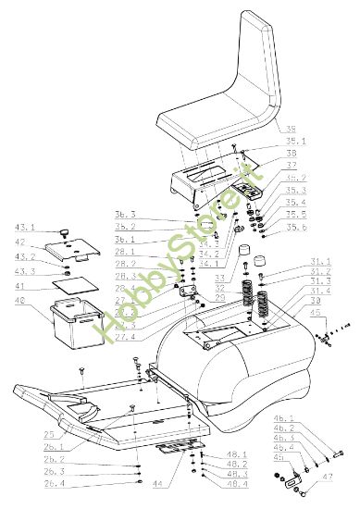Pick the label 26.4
56,483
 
